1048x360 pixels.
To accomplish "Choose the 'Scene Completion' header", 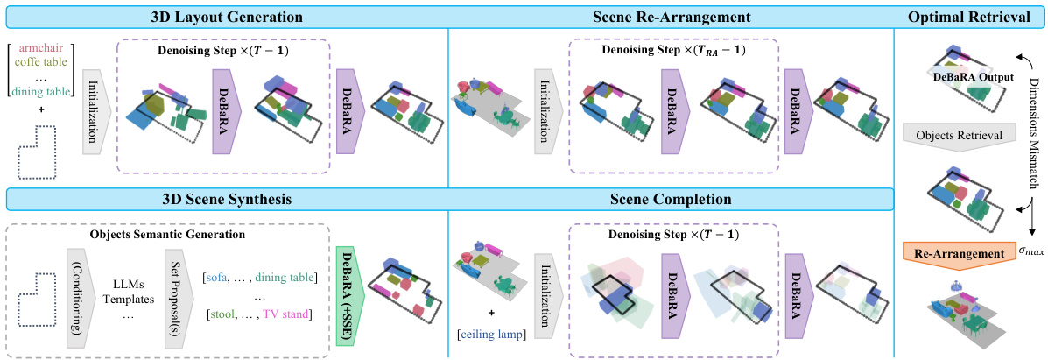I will click(x=670, y=199).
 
